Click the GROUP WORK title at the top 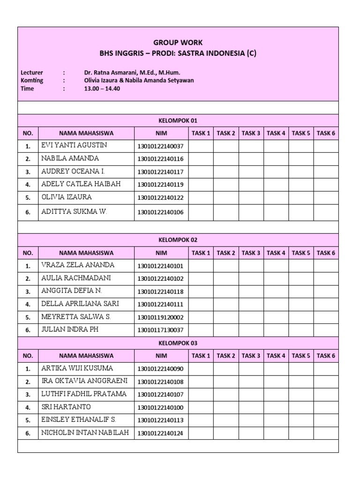pyautogui.click(x=178, y=42)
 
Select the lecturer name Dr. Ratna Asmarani pyautogui.click(x=132, y=73)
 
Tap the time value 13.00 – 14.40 pyautogui.click(x=102, y=89)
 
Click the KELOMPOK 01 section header pyautogui.click(x=178, y=120)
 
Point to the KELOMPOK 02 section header pyautogui.click(x=178, y=240)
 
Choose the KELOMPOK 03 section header pyautogui.click(x=178, y=343)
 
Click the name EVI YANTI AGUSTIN pyautogui.click(x=74, y=145)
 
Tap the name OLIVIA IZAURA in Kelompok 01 pyautogui.click(x=67, y=197)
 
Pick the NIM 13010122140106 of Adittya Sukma pyautogui.click(x=161, y=212)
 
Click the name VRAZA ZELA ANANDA pyautogui.click(x=78, y=265)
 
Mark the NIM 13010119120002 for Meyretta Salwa pyautogui.click(x=161, y=317)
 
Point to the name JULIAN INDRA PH pyautogui.click(x=70, y=330)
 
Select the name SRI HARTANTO pyautogui.click(x=66, y=407)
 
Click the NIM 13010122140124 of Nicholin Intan pyautogui.click(x=161, y=434)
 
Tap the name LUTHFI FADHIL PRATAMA pyautogui.click(x=84, y=394)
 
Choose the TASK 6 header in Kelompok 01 pyautogui.click(x=326, y=134)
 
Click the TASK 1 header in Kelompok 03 pyautogui.click(x=201, y=356)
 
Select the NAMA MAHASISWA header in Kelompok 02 pyautogui.click(x=86, y=253)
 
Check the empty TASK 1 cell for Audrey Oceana pyautogui.click(x=201, y=172)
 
